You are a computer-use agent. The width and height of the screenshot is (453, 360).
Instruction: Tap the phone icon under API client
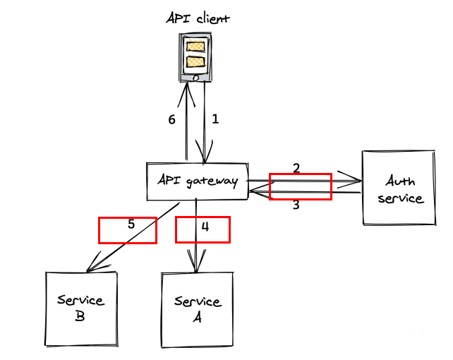(195, 59)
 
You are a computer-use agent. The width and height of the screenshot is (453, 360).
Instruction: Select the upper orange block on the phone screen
(195, 47)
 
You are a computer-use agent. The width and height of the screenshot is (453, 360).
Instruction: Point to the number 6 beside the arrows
(171, 119)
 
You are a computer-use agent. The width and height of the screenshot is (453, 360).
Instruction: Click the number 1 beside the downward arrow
(216, 119)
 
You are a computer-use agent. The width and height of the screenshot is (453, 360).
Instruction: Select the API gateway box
(197, 181)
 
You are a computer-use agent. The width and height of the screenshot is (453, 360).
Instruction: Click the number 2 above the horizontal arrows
(296, 168)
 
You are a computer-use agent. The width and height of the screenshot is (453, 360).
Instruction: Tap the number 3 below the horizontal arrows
(296, 205)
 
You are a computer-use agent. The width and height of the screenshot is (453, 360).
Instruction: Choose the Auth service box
(399, 188)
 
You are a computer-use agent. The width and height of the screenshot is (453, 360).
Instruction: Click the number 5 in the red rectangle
(131, 224)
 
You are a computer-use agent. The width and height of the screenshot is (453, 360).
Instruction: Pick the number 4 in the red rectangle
(205, 227)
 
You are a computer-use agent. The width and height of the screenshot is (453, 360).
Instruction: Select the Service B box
(80, 308)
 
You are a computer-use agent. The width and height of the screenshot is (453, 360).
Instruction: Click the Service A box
(197, 309)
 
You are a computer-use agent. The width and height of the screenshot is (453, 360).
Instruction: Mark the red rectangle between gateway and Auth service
(301, 186)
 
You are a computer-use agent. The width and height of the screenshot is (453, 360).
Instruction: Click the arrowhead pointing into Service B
(90, 269)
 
